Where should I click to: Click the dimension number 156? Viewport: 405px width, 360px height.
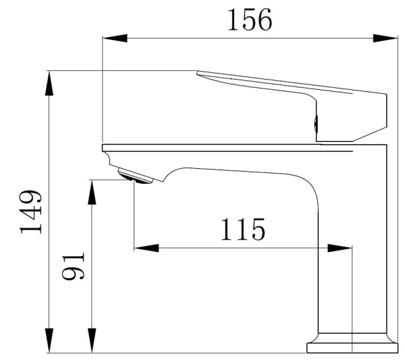(250, 20)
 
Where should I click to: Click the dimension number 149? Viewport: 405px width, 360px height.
(31, 211)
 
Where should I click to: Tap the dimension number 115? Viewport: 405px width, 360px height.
(243, 229)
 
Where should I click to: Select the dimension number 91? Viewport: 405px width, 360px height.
(74, 265)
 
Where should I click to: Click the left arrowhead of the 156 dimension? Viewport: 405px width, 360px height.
(115, 38)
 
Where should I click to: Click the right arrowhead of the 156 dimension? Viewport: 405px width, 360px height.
(385, 38)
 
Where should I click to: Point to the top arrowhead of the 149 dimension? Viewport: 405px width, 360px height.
(49, 83)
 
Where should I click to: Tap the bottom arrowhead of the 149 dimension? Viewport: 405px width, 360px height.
(49, 340)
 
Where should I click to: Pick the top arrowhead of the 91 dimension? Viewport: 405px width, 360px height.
(92, 192)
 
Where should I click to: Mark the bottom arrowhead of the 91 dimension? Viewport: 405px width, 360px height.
(92, 340)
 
